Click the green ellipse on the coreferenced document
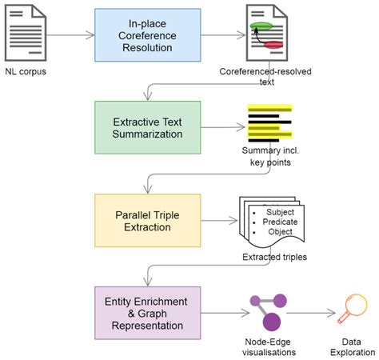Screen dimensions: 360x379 click(x=263, y=26)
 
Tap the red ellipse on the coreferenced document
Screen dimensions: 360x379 click(x=273, y=46)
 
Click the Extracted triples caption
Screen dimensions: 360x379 click(x=274, y=258)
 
